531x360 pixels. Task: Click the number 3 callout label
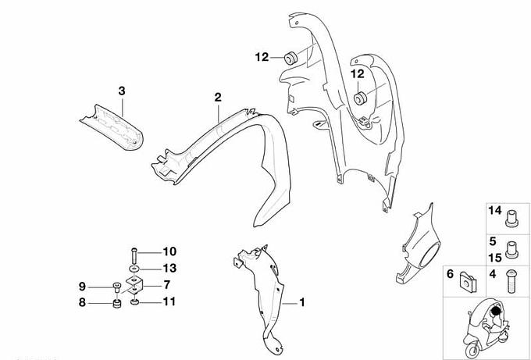[122, 91]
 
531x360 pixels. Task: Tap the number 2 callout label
[218, 97]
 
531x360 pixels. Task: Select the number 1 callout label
[301, 302]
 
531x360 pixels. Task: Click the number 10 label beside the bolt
[169, 251]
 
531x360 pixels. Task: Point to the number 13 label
[169, 268]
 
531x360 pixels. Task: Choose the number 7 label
[166, 285]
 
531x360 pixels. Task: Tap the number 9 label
[82, 287]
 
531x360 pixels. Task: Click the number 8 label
[82, 302]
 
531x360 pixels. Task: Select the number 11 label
[169, 301]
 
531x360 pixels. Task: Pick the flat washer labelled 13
[134, 269]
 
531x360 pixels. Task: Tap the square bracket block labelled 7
[135, 285]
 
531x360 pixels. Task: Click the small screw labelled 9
[117, 287]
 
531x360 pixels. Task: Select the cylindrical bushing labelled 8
[117, 304]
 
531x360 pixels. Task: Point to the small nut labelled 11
[135, 301]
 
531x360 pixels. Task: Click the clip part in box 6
[469, 283]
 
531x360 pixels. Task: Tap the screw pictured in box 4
[511, 281]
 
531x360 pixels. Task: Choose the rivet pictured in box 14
[511, 219]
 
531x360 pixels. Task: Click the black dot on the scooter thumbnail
[496, 311]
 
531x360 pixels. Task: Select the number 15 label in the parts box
[495, 258]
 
